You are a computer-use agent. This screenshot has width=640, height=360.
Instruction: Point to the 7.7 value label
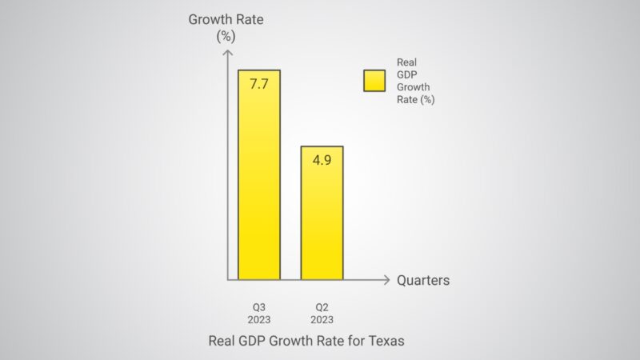coord(258,83)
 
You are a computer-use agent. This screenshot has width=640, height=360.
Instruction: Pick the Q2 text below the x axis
coord(322,306)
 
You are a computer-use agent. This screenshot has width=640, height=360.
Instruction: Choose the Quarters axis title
coord(423,280)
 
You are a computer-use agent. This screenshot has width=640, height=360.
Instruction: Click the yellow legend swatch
coord(375,80)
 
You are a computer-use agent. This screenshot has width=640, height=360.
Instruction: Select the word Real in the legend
coord(407,62)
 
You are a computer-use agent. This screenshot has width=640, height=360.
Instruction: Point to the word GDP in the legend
coord(407,74)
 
